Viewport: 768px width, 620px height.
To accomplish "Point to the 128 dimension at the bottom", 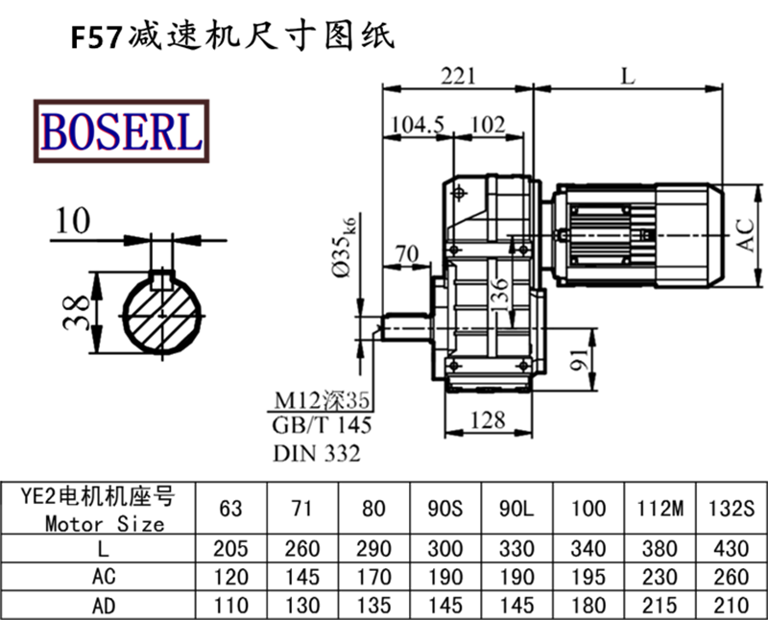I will tap(489, 420).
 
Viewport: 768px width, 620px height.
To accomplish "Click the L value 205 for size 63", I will tap(231, 549).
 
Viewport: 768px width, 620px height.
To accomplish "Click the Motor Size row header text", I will tap(104, 524).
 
